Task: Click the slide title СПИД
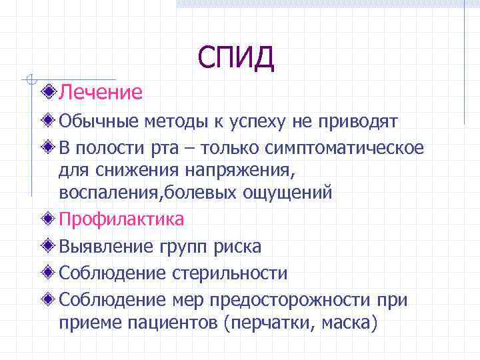236,58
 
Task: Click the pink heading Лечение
101,92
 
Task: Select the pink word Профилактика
122,219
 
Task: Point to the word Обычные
98,122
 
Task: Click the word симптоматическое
358,147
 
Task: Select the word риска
238,246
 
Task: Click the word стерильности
230,273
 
